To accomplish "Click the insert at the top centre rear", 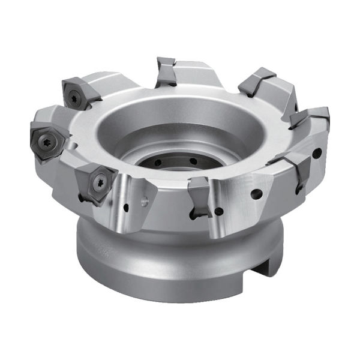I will pyautogui.click(x=166, y=71).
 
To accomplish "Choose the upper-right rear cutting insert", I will pyautogui.click(x=257, y=82).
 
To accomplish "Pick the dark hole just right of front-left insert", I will pyautogui.click(x=125, y=208).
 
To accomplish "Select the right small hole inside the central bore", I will pyautogui.click(x=193, y=161).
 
